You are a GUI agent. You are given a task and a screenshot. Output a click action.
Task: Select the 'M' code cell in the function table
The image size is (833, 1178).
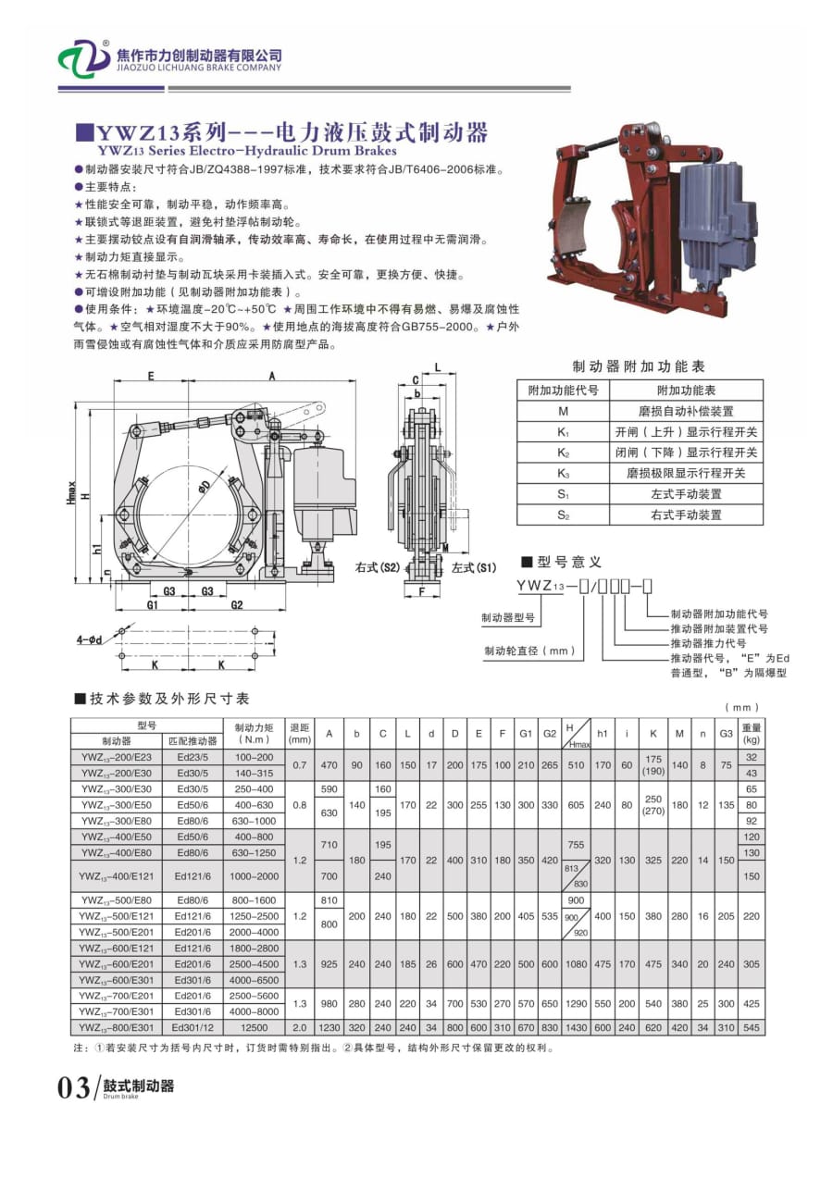pyautogui.click(x=563, y=411)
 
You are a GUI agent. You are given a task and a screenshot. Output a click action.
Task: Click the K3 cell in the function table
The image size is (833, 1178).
pyautogui.click(x=563, y=473)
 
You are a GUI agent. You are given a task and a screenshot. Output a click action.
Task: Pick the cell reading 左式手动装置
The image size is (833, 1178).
pyautogui.click(x=685, y=494)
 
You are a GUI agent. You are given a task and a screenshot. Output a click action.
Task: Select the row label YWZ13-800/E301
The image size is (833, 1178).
pyautogui.click(x=117, y=1027)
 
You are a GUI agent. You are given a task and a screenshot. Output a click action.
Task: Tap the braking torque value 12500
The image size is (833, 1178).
pyautogui.click(x=253, y=1027)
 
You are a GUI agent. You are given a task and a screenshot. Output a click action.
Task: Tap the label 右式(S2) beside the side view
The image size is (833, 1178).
pyautogui.click(x=377, y=566)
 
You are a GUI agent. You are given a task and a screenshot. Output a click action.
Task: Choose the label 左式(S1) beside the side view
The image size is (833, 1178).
pyautogui.click(x=474, y=566)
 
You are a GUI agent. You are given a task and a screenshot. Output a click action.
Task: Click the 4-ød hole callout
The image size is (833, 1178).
pyautogui.click(x=93, y=639)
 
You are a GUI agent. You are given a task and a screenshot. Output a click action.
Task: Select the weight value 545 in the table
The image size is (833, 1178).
pyautogui.click(x=751, y=1027)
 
